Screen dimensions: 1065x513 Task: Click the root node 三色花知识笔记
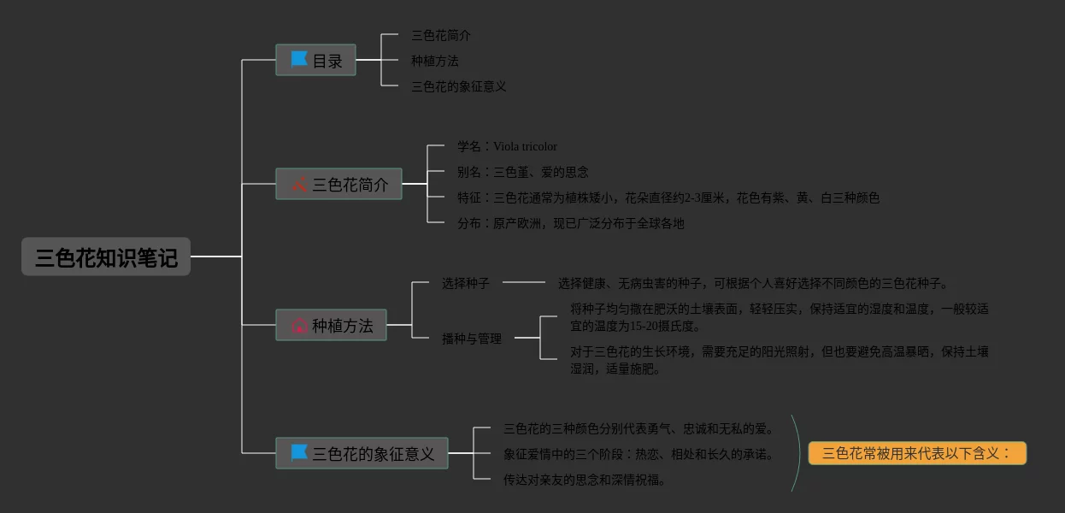106,256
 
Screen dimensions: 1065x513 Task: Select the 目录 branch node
315,61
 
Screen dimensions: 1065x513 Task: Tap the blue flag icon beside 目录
298,59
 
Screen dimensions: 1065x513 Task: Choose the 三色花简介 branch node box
338,184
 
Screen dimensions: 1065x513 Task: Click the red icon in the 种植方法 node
299,326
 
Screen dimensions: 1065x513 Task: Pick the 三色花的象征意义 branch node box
362,453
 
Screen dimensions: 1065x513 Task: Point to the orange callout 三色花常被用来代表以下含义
916,453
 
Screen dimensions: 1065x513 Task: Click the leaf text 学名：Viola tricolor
507,146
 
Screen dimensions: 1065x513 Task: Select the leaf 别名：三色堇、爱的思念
522,172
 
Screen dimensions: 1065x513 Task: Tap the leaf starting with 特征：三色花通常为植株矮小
668,198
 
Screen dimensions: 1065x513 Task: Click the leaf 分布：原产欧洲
570,223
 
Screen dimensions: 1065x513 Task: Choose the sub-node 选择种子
465,282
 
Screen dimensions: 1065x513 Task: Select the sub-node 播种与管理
471,339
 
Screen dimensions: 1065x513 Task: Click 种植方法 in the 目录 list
434,61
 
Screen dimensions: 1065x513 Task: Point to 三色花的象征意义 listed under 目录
458,86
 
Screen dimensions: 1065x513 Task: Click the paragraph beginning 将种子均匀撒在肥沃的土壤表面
779,317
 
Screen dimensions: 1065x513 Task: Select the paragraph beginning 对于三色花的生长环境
779,360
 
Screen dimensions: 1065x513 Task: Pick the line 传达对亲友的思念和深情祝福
584,480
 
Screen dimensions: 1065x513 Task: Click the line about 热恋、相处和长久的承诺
638,454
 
